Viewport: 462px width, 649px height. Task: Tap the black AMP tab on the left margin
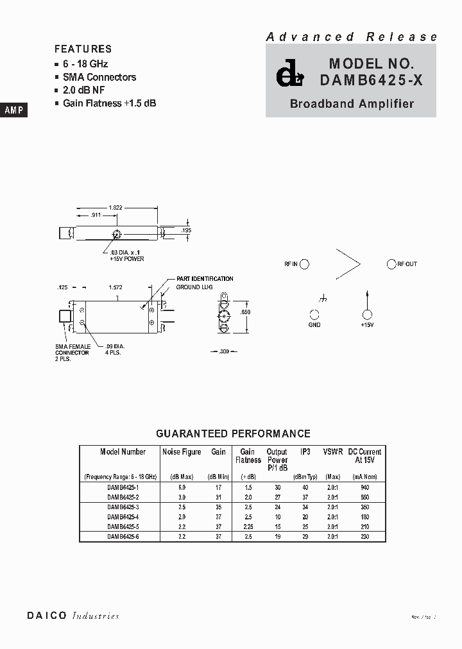coord(13,110)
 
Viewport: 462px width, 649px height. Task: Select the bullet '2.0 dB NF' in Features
coord(84,90)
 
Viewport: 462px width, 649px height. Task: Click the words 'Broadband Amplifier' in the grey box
coord(352,103)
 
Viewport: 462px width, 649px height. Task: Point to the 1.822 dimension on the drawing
coord(116,207)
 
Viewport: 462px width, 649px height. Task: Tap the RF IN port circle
coord(305,264)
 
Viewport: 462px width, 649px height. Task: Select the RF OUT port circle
coord(391,264)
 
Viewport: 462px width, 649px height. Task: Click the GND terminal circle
coord(314,314)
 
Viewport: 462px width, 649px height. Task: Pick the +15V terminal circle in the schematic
coord(367,314)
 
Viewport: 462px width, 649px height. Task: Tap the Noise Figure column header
coord(182,452)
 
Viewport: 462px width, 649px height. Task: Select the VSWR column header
coord(333,452)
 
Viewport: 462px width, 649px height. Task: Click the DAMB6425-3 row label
coord(123,507)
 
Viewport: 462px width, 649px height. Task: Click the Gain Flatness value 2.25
coord(248,527)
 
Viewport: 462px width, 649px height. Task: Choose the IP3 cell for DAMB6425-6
coord(305,536)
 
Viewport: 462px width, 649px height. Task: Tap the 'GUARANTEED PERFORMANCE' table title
coord(234,434)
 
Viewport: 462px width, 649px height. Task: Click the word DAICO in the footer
coord(47,616)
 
